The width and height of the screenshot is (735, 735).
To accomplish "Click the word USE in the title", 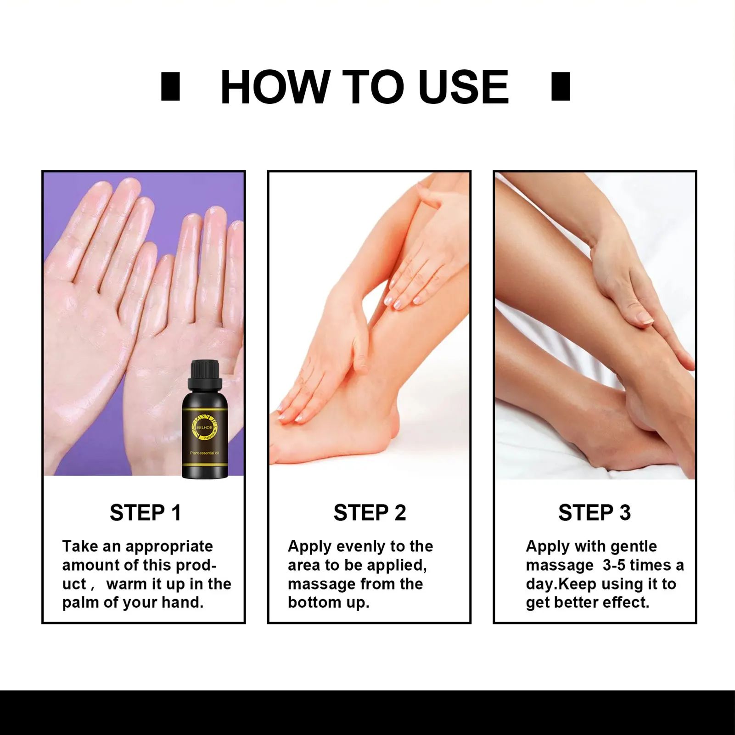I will [463, 87].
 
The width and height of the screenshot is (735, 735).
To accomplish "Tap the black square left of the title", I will [170, 86].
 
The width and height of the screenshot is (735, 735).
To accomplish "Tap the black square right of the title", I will [561, 86].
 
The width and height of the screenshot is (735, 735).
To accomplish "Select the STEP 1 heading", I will [145, 513].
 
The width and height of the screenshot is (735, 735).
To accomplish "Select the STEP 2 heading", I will [370, 513].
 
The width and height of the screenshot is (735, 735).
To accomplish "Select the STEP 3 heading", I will [595, 513].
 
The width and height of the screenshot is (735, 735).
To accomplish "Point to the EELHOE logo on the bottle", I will [204, 427].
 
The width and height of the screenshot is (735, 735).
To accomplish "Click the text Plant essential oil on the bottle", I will [205, 453].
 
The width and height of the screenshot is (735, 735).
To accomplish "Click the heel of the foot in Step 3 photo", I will [640, 409].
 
